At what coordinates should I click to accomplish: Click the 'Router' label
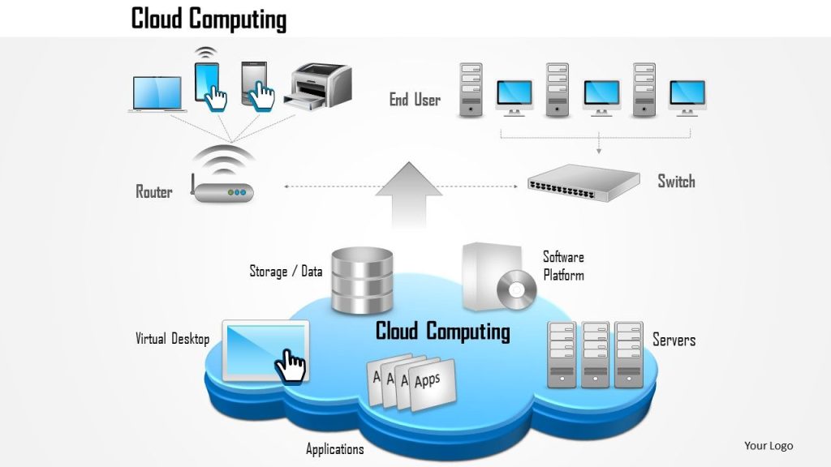154,192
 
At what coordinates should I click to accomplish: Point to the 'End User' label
415,100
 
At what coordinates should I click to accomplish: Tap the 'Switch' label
676,181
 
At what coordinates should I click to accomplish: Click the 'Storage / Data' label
285,272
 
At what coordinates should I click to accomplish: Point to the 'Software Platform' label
563,266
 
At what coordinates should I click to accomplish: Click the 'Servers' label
674,340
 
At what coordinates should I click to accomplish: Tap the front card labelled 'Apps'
431,386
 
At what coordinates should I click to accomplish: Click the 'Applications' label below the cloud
334,449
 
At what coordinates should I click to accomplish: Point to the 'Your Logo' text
769,445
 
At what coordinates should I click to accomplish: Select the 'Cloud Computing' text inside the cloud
442,332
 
